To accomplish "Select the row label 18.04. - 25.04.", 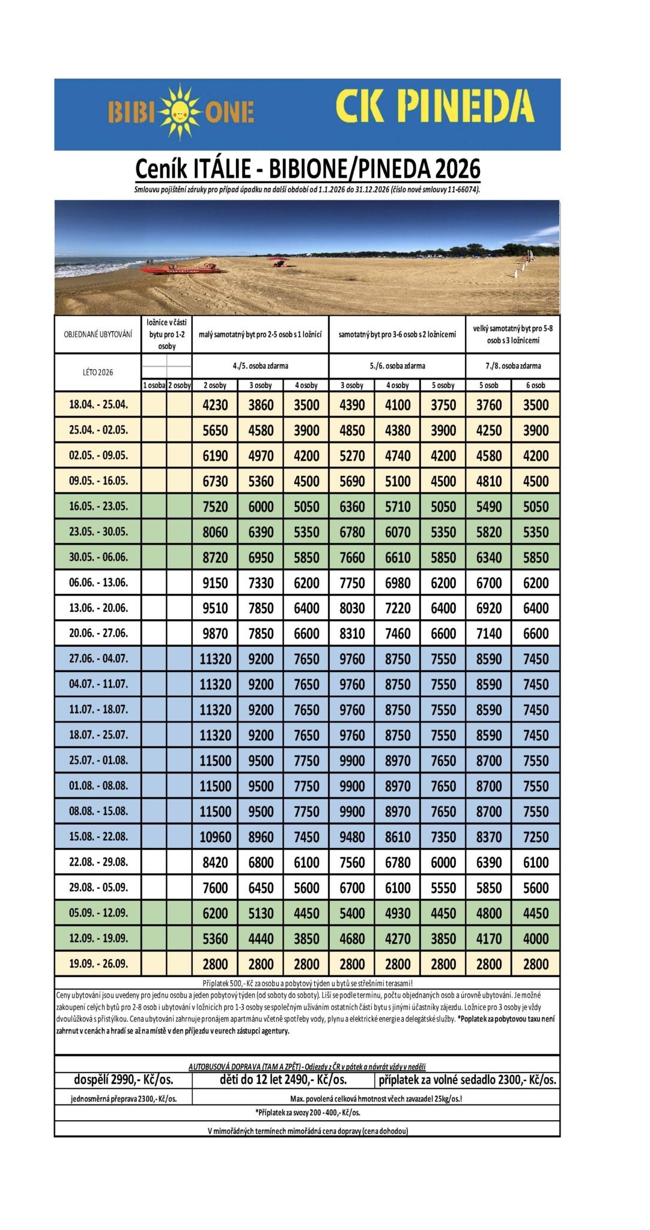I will point(99,404).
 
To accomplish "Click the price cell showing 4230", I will point(215,405).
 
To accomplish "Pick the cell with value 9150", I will point(215,583).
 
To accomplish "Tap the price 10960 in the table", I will point(215,837).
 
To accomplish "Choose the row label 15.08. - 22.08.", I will point(99,836).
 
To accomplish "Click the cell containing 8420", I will point(215,862).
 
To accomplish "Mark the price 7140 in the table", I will point(488,634).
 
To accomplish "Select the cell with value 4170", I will point(488,939).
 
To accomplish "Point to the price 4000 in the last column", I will point(535,939).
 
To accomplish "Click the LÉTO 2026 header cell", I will point(98,372).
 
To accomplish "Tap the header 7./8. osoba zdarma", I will point(512,366).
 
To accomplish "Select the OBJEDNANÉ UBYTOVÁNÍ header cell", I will point(98,333).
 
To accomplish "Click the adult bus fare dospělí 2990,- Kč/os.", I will point(123,1080).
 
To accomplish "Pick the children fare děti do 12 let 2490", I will point(284,1080).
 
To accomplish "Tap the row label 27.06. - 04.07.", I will point(99,658).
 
